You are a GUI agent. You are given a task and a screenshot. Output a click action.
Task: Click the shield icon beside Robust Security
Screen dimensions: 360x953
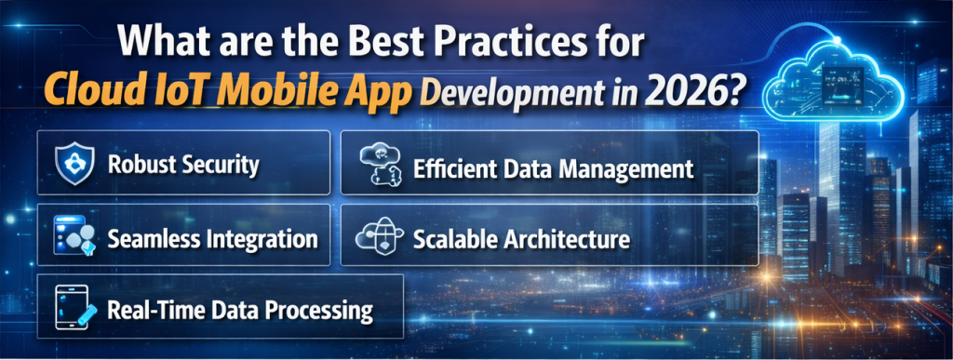[x=75, y=164]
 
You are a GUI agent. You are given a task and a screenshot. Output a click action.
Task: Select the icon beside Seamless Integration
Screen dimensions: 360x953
[x=74, y=238]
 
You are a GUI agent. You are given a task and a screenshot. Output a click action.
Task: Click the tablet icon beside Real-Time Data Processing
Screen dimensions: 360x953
[x=74, y=307]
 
